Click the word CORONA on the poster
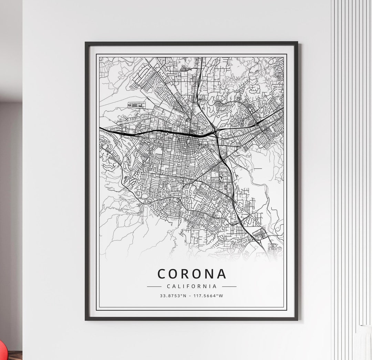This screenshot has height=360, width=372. coord(192,274)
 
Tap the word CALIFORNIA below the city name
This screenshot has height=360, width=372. coord(192,286)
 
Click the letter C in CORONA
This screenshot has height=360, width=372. coord(162,274)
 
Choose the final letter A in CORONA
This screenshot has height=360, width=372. coord(221,274)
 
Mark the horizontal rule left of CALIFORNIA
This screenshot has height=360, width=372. coord(154,286)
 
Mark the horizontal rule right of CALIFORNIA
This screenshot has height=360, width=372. coord(229,286)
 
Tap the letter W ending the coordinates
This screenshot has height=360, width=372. coord(221,296)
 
